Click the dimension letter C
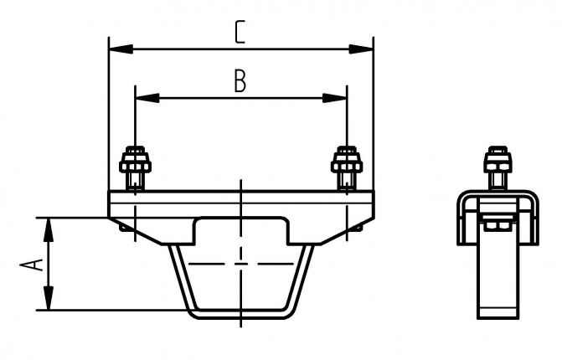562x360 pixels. (240, 32)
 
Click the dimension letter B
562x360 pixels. (240, 81)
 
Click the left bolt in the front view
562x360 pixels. (136, 167)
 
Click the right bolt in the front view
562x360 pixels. (346, 167)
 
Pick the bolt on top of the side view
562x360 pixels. (498, 168)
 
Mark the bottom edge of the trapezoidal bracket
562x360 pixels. (241, 315)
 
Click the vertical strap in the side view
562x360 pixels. (498, 285)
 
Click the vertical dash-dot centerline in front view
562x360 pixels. (241, 251)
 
